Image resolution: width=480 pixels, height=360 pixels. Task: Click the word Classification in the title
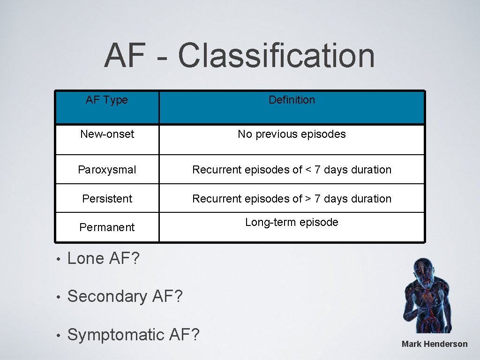click(x=276, y=55)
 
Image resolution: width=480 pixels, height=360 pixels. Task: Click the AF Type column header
click(x=107, y=100)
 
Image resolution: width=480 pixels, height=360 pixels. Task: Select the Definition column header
click(x=292, y=100)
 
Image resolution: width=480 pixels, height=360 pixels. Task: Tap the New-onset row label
click(x=107, y=134)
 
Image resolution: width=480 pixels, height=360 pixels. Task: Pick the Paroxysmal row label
click(x=107, y=170)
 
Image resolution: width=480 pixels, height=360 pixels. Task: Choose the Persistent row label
click(x=107, y=199)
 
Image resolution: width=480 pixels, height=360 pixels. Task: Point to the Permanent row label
click(x=107, y=227)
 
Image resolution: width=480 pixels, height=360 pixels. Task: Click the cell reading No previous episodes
click(x=292, y=134)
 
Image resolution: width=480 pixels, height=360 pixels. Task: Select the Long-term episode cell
click(x=292, y=222)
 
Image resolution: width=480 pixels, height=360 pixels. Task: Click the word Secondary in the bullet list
click(x=107, y=296)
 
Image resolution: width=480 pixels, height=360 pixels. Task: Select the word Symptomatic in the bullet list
click(x=115, y=335)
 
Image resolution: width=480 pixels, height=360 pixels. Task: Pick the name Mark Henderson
click(x=435, y=344)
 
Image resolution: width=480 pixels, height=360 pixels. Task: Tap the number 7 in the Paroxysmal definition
click(x=317, y=170)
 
